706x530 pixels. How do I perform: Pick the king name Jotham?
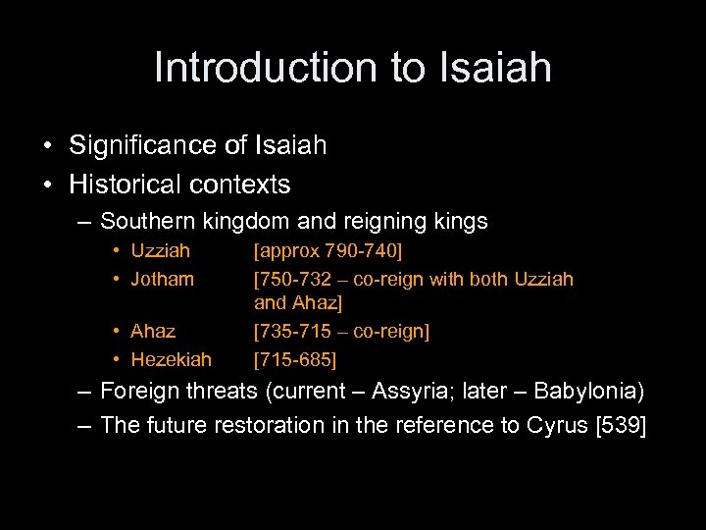tap(162, 279)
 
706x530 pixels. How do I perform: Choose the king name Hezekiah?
tap(171, 359)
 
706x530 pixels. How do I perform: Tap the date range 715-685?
tap(295, 359)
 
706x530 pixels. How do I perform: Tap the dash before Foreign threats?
tap(84, 393)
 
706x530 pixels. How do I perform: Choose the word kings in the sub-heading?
tap(460, 222)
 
